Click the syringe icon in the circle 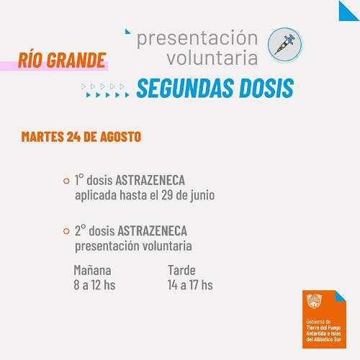285,45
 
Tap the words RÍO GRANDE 62,60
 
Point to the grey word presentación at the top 197,38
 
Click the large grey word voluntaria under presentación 212,58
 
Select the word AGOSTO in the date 120,137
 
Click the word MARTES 42,137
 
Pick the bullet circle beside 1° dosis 66,181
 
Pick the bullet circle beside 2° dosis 66,231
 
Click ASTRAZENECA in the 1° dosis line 150,180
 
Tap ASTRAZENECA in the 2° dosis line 152,231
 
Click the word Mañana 92,270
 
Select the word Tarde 181,270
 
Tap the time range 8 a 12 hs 94,285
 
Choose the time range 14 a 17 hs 190,285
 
